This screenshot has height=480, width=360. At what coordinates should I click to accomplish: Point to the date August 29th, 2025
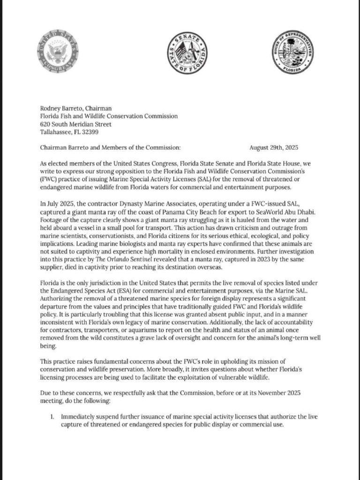tap(274, 148)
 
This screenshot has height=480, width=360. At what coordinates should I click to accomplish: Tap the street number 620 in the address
tap(46, 124)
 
